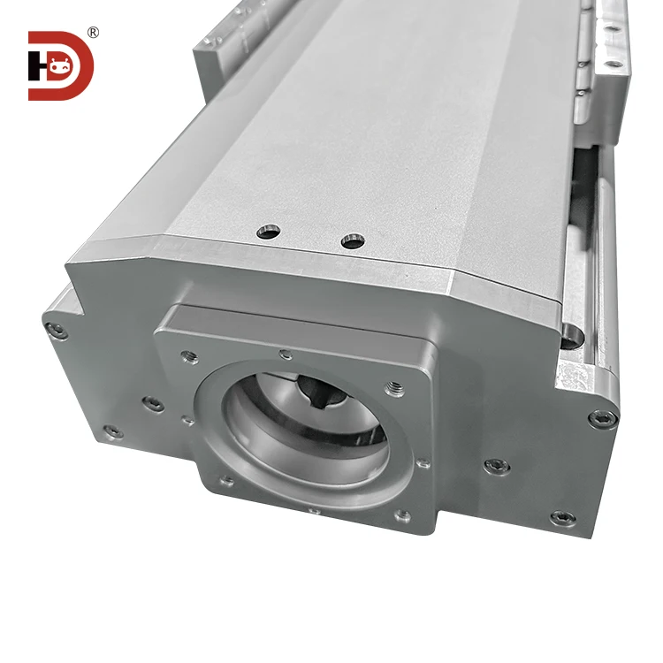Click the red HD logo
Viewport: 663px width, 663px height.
click(60, 65)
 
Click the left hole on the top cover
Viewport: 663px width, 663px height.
click(268, 232)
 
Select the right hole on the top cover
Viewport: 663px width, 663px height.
click(353, 240)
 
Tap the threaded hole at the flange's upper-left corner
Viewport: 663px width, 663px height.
click(188, 356)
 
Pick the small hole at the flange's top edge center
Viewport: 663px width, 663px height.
click(285, 354)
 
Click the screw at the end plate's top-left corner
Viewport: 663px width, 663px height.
click(57, 331)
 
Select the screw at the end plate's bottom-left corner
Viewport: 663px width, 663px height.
click(113, 431)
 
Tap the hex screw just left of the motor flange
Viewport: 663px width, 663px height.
click(152, 403)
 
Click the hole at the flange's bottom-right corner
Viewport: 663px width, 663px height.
click(402, 515)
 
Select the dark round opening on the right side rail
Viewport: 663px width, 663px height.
click(571, 334)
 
